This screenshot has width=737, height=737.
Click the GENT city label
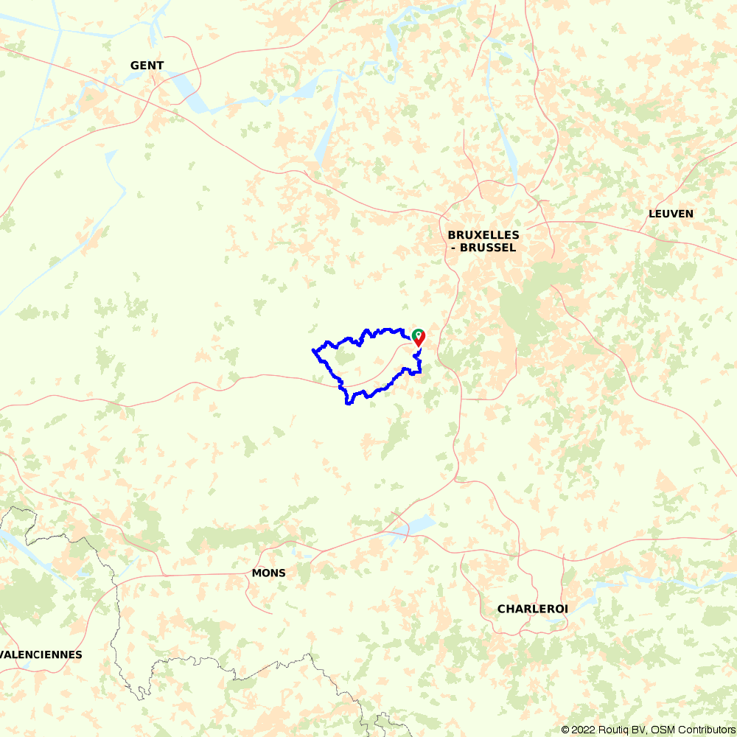147,66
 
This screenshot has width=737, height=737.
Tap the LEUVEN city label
671,214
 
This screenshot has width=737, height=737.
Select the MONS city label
268,573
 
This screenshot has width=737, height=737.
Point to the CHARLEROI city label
532,609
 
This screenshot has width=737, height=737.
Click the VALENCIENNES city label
41,654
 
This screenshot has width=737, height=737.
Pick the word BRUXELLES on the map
483,235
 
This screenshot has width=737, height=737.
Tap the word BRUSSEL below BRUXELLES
487,248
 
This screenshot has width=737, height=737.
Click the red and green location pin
419,337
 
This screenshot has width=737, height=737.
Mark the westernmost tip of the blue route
313,350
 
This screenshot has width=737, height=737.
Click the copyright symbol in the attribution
566,730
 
